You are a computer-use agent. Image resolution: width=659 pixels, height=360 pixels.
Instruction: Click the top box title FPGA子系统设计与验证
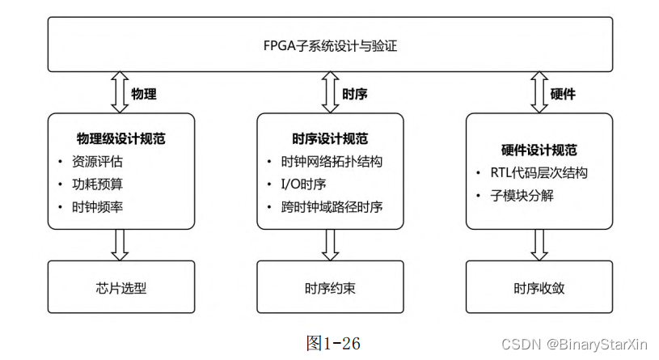(x=330, y=45)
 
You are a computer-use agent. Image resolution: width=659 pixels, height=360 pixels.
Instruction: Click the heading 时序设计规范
(x=330, y=138)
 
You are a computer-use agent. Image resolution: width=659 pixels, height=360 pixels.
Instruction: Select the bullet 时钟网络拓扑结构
(x=332, y=161)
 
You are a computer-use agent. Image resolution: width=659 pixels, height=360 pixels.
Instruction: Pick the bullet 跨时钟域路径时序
(x=332, y=206)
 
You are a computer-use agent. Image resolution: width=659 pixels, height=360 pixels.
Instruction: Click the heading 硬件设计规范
(x=539, y=150)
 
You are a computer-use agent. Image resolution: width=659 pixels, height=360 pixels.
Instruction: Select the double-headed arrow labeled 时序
(x=330, y=92)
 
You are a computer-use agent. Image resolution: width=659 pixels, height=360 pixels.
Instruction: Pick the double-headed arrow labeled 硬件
(x=539, y=92)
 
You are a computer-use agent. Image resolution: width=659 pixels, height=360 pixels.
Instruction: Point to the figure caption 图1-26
(x=334, y=342)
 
